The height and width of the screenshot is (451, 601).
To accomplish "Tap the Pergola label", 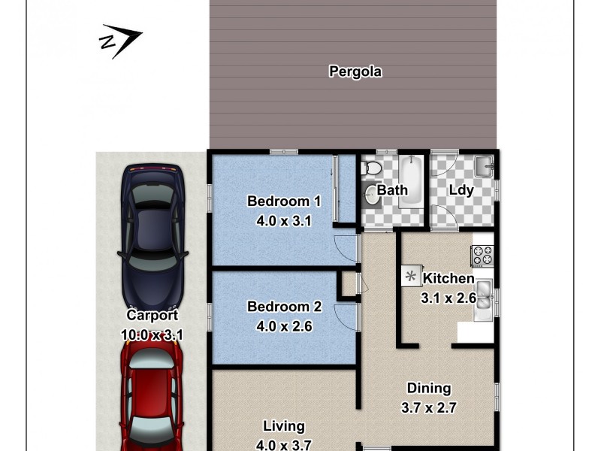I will pyautogui.click(x=355, y=72).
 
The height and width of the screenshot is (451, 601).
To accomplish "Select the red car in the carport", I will pyautogui.click(x=153, y=398).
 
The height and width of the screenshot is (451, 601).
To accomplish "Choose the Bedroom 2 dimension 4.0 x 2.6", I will pyautogui.click(x=284, y=326).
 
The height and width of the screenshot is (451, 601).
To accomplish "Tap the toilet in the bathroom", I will pyautogui.click(x=370, y=169).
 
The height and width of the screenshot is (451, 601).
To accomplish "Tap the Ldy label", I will pyautogui.click(x=461, y=190).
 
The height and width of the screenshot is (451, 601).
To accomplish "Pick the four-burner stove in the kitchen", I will pyautogui.click(x=482, y=256).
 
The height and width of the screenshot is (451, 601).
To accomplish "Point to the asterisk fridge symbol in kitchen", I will pyautogui.click(x=411, y=277).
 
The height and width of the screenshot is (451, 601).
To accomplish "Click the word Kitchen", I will pyautogui.click(x=448, y=279).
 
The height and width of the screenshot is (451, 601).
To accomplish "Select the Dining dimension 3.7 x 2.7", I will pyautogui.click(x=429, y=408).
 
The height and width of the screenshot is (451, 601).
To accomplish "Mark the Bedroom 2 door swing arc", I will pyautogui.click(x=345, y=315).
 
